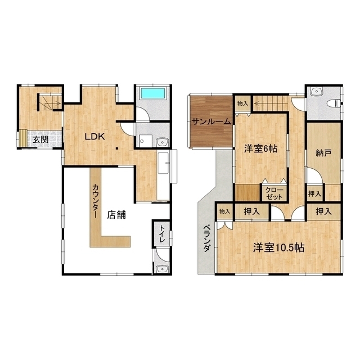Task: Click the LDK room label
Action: click(95, 137)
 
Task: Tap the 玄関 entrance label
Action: click(40, 139)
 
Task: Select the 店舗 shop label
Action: click(116, 215)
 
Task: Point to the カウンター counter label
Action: click(95, 201)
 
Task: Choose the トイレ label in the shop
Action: click(163, 234)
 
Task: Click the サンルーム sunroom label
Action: click(211, 121)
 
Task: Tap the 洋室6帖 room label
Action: click(260, 149)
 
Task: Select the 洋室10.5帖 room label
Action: click(279, 247)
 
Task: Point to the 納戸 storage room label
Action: click(323, 153)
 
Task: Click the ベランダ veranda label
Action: click(206, 238)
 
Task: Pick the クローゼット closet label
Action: click(273, 193)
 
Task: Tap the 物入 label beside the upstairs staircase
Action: click(242, 103)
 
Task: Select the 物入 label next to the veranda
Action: click(224, 211)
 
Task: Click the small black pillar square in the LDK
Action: click(117, 148)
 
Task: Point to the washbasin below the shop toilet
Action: click(162, 269)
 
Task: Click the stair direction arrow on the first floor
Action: click(52, 103)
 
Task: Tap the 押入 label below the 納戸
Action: click(314, 194)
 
